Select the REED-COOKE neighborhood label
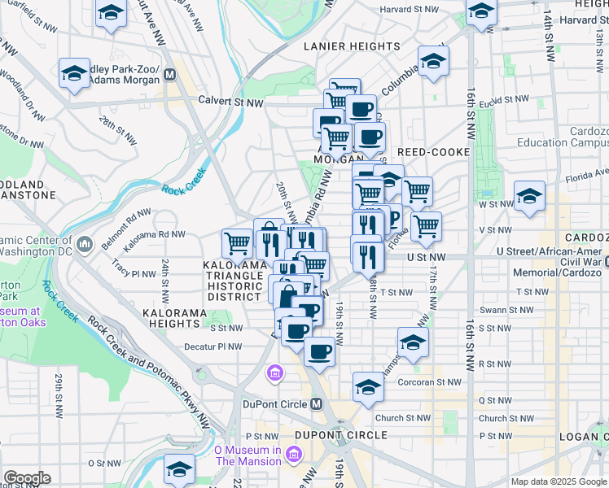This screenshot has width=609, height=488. click(434, 152)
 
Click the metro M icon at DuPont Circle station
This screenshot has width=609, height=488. click(318, 403)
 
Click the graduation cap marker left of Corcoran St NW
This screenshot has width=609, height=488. click(368, 387)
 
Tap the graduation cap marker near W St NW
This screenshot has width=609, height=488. click(529, 197)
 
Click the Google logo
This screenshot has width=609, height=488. click(27, 478)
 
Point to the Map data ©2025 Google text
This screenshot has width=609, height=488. click(559, 481)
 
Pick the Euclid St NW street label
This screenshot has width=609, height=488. click(505, 100)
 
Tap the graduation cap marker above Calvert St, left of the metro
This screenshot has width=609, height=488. click(74, 73)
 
